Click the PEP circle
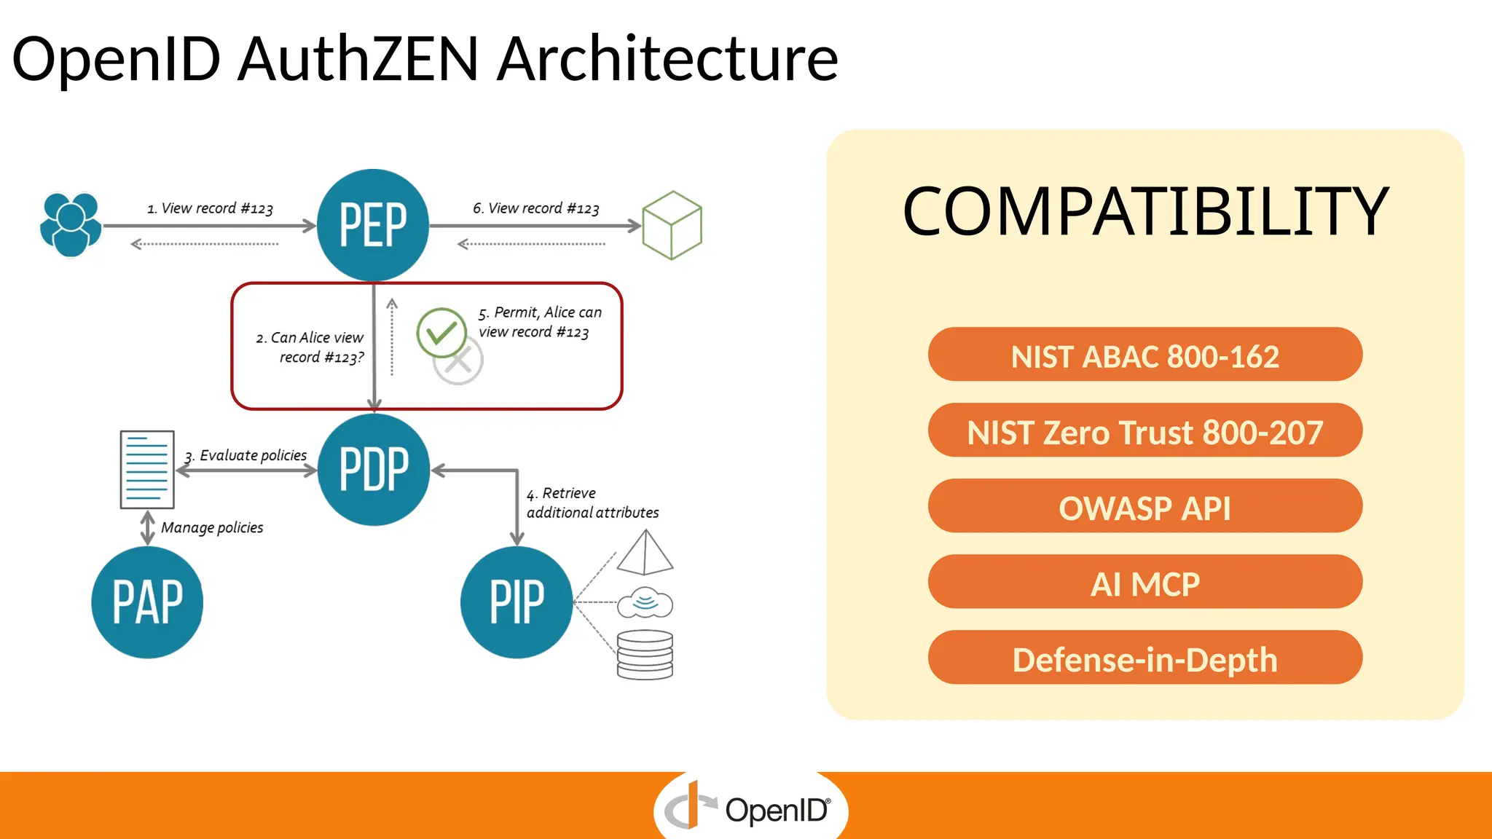[x=373, y=225]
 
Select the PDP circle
[x=374, y=470]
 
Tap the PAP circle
[x=147, y=602]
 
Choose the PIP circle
[x=517, y=602]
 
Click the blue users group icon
[x=71, y=224]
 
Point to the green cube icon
[x=672, y=225]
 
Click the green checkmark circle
[x=441, y=332]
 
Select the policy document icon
[x=147, y=470]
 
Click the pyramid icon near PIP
[x=645, y=553]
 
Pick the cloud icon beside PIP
[x=645, y=603]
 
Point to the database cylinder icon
[x=645, y=655]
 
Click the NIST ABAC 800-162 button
[x=1144, y=355]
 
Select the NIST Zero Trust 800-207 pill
[x=1144, y=430]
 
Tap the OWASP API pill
[x=1144, y=506]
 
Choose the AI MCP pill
[x=1144, y=582]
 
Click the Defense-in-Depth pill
[x=1144, y=658]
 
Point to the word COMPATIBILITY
[x=1145, y=211]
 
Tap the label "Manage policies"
[x=212, y=527]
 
